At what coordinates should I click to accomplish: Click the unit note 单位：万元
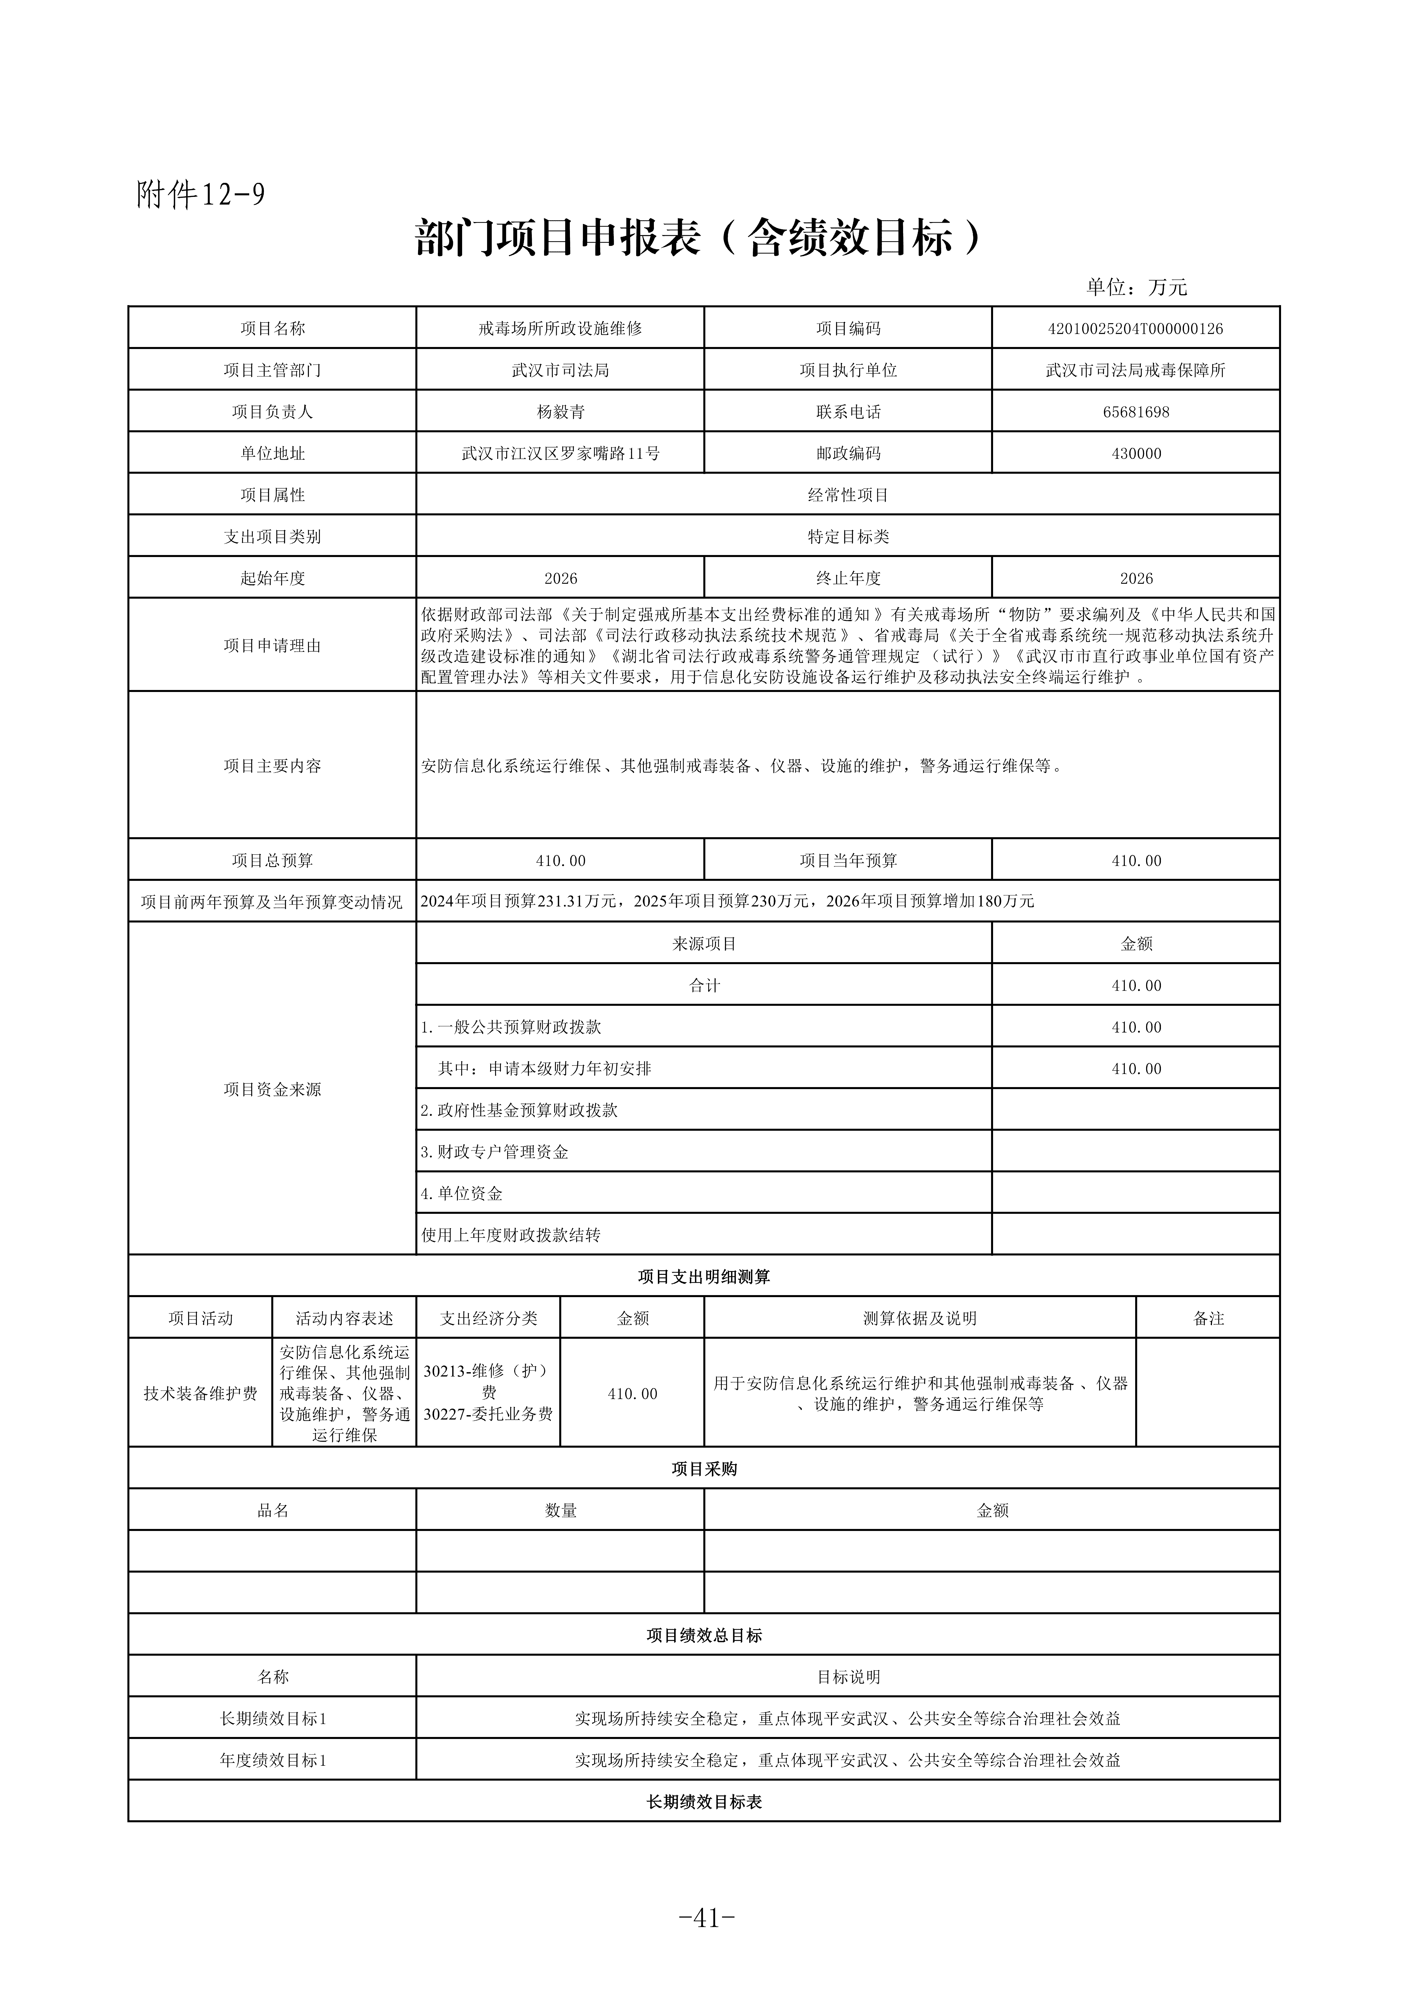(1136, 288)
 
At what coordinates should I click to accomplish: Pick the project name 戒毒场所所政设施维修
(560, 329)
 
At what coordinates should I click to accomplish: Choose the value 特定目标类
(848, 537)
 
